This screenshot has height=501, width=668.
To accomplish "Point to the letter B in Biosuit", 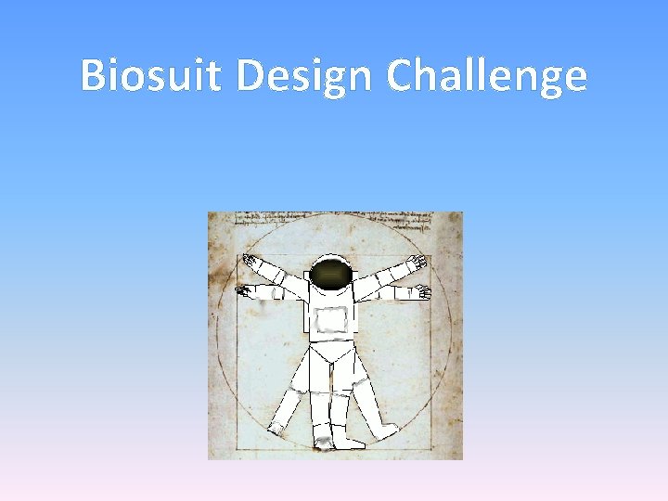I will [x=93, y=76].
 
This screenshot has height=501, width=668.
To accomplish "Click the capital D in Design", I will [x=250, y=76].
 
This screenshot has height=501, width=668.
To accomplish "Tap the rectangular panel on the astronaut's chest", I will [x=331, y=320].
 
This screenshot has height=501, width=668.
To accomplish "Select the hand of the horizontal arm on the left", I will [x=245, y=291].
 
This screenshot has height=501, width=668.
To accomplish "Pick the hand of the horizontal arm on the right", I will [x=422, y=292].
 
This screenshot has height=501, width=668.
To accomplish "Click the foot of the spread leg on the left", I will [x=276, y=430].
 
